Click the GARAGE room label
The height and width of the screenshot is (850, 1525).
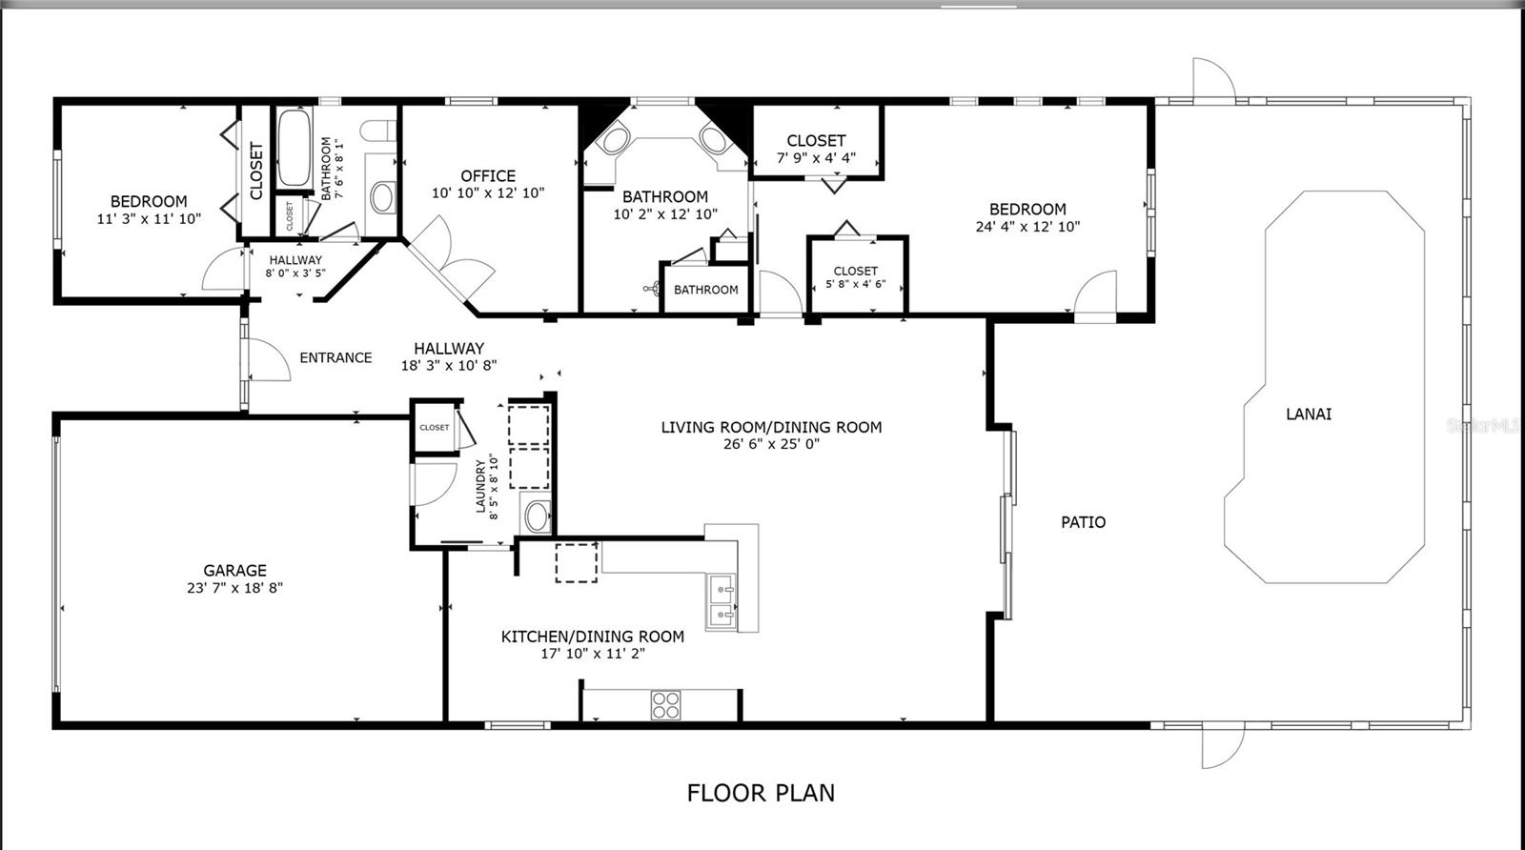(234, 571)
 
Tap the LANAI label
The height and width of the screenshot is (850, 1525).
(1309, 414)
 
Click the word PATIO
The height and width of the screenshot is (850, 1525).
(1084, 522)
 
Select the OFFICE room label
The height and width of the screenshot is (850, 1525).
(488, 176)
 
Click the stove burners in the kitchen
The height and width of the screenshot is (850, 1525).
(666, 705)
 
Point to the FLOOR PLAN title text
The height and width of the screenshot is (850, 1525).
(761, 793)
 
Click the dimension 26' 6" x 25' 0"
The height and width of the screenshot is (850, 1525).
(771, 444)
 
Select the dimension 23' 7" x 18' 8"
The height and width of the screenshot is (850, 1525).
(234, 588)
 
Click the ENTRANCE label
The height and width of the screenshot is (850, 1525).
(335, 358)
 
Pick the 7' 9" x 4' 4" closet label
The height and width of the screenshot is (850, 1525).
(816, 158)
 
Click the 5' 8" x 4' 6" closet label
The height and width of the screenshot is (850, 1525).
(855, 283)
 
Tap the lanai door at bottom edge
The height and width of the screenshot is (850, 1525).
(1223, 746)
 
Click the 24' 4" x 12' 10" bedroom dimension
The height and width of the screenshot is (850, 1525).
(1027, 227)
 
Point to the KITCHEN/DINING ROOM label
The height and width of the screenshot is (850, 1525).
(592, 637)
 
